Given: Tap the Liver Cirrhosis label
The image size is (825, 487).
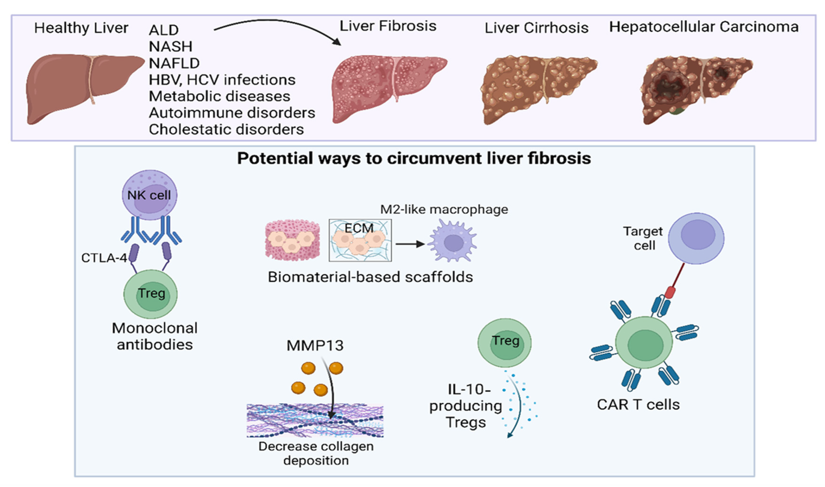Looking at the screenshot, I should point(536,28).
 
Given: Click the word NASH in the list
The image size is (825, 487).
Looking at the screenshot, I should point(170,47).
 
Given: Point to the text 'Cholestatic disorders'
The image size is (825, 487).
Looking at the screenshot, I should point(226,129).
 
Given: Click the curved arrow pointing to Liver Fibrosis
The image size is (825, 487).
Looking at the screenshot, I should point(279,25).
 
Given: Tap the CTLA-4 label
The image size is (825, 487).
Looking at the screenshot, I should point(104,258).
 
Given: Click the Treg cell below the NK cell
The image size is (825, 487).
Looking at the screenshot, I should point(151,294).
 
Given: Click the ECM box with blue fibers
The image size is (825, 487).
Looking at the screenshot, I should point(360,241).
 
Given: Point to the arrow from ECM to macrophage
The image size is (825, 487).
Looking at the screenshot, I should point(410,244).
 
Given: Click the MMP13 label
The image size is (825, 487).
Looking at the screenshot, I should point(315,346).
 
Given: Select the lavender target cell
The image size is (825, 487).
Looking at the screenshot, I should point(696,238).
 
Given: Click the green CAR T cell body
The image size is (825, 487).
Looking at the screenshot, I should point(644,343).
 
